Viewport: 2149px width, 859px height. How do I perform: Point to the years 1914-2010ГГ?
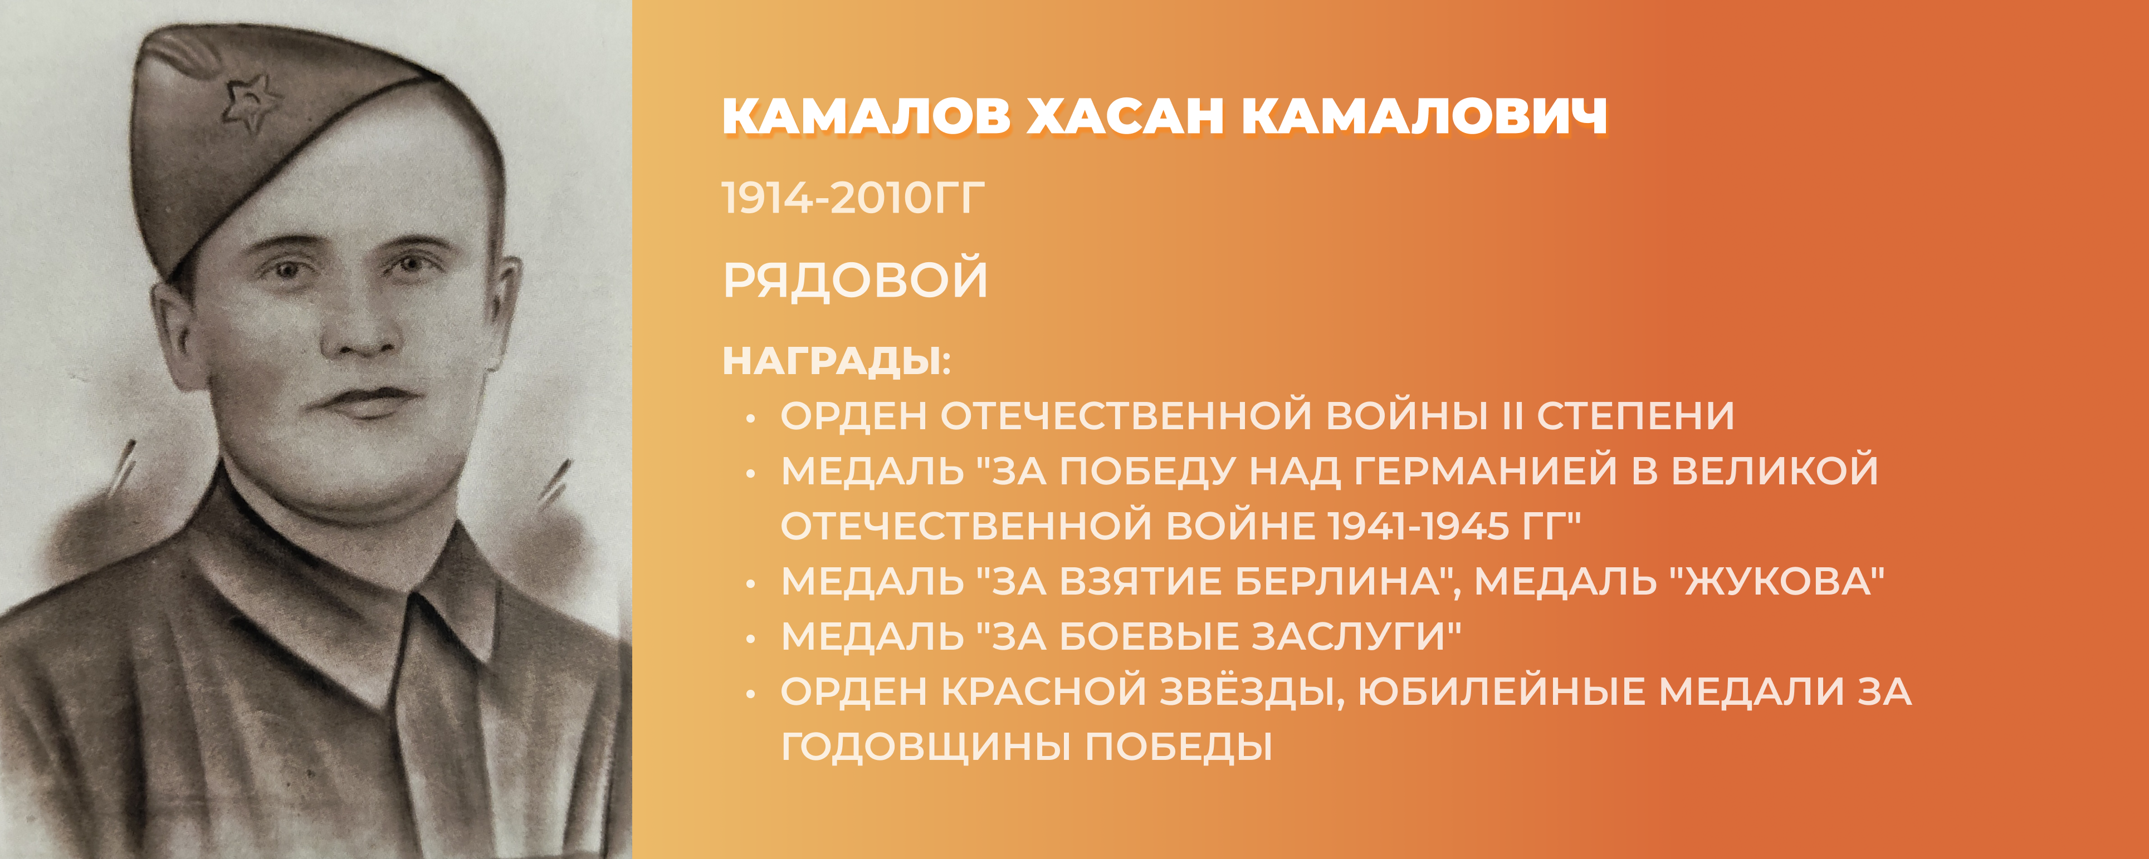853,199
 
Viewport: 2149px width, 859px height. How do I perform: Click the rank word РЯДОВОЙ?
855,279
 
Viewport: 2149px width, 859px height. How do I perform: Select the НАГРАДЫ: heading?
837,362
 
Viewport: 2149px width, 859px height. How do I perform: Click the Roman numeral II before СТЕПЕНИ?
1512,415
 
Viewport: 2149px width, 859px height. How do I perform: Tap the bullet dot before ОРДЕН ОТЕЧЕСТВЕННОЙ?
751,419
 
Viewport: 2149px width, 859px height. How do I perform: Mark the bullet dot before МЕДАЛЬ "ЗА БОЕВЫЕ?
751,640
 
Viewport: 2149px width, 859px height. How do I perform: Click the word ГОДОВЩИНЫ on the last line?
926,747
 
